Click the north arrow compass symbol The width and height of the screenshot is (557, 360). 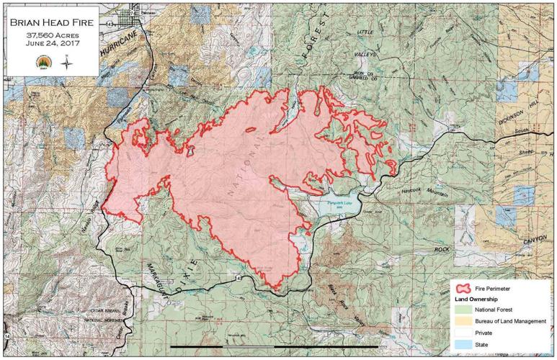click(x=67, y=62)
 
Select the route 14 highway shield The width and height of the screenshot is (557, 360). click(x=6, y=336)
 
